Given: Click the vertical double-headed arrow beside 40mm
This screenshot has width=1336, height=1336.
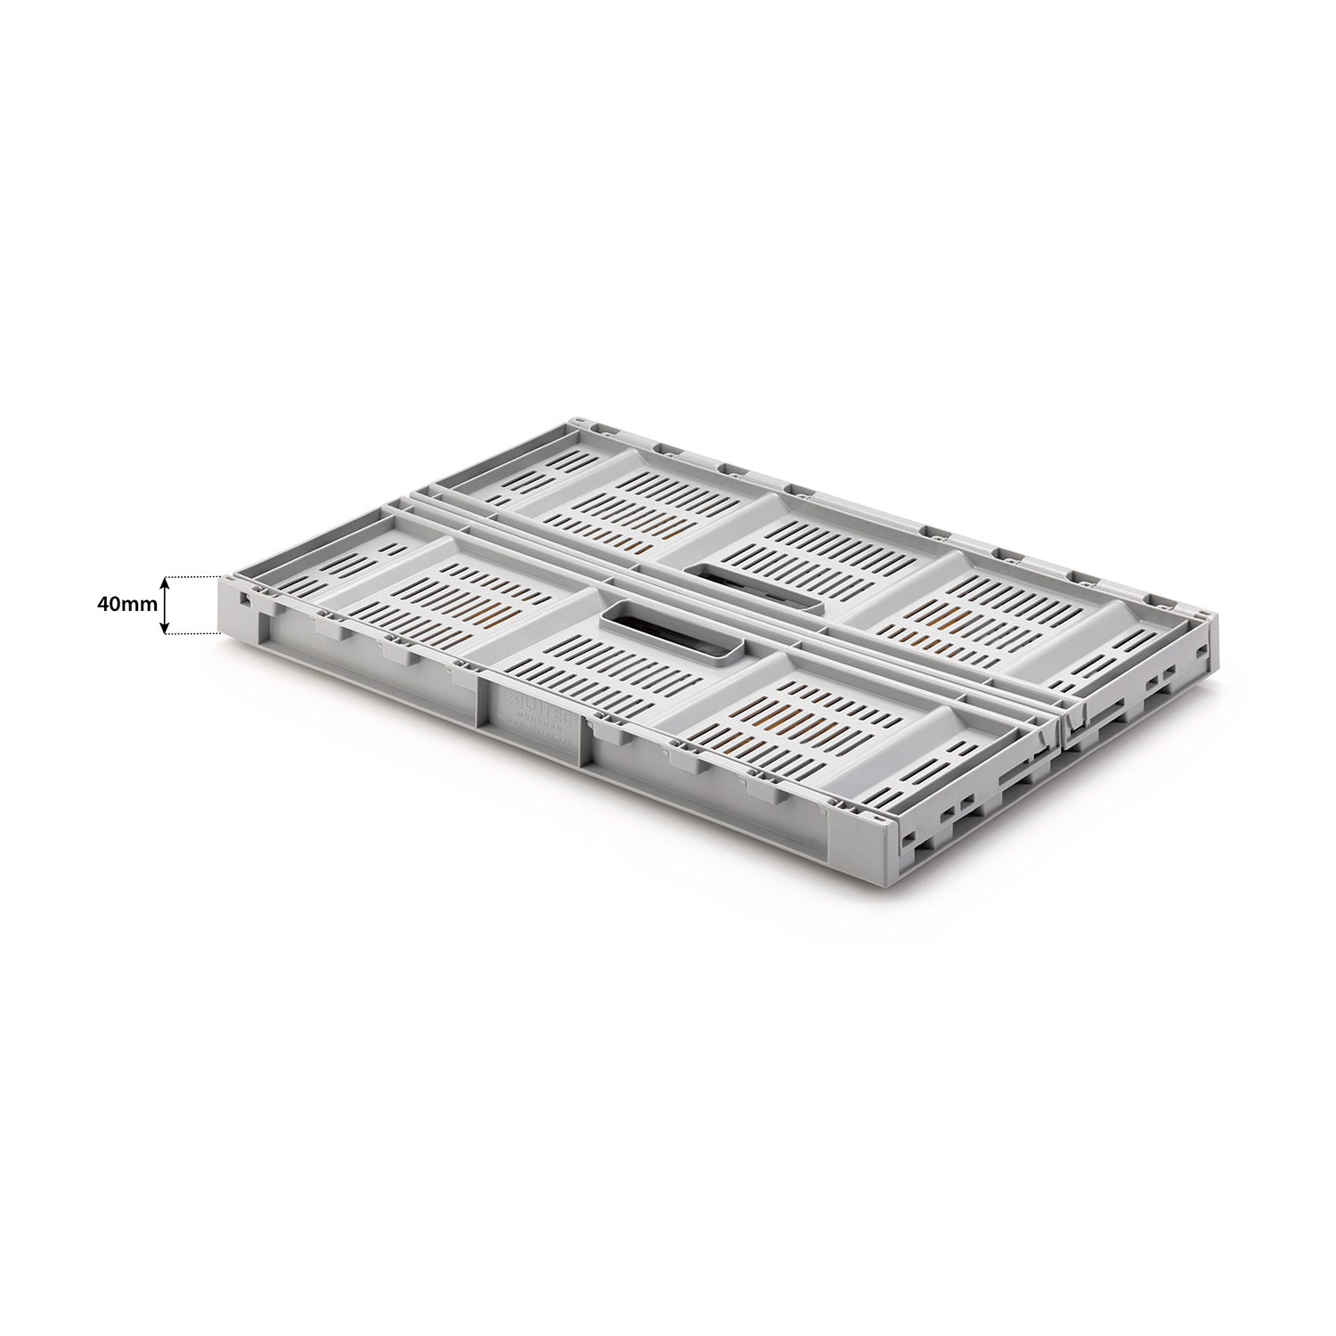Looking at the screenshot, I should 165,606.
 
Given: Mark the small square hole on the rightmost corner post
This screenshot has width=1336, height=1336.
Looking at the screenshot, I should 1203,654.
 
